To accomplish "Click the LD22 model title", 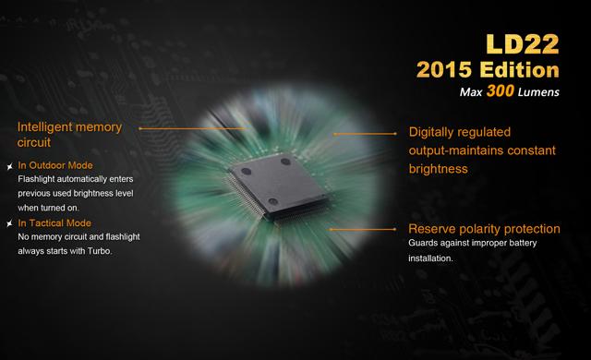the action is point(522,44).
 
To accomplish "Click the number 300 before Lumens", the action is point(501,90).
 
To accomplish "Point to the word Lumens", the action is point(538,92).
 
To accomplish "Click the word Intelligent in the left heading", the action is point(42,127).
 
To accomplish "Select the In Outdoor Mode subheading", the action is point(55,165).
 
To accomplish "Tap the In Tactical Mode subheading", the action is point(54,223).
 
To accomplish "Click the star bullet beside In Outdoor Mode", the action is point(10,166).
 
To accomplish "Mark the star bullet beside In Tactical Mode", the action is point(10,223).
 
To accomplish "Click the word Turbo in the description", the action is point(100,251).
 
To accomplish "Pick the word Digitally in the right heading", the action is point(431,132).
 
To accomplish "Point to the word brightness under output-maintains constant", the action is point(439,169).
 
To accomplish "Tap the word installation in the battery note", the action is point(430,258).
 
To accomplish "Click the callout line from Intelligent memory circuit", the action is point(193,128).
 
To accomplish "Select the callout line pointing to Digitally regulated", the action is point(365,134).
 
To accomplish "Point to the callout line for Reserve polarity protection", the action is point(363,229).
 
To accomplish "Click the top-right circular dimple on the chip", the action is point(285,162).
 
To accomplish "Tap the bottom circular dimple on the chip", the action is point(273,201).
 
